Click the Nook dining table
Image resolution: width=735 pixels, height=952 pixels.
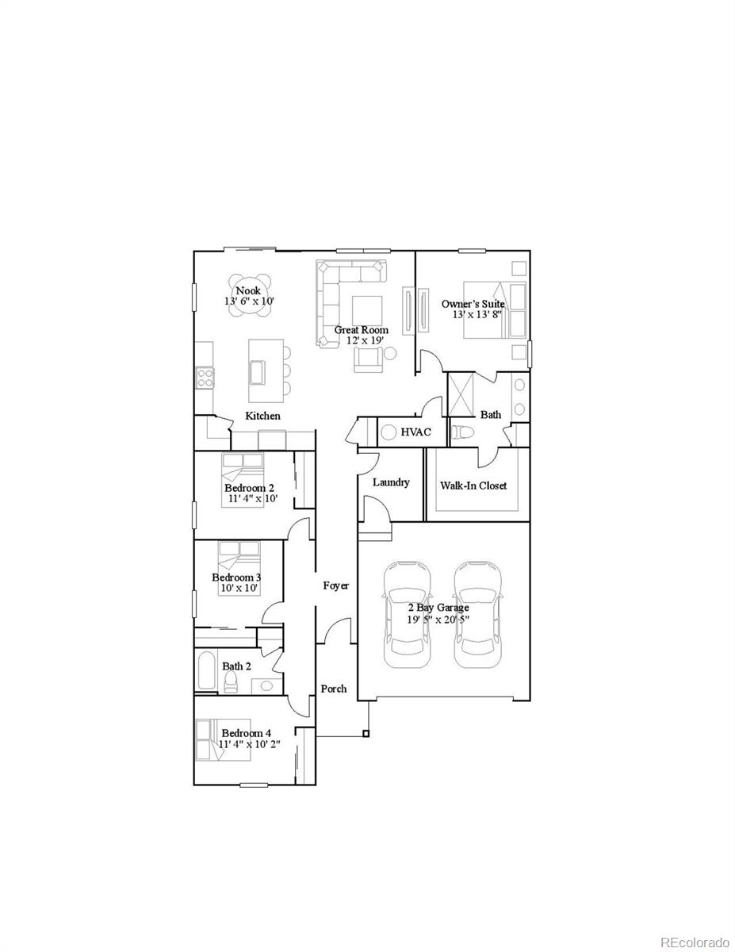248,295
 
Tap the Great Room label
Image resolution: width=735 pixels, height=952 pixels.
361,330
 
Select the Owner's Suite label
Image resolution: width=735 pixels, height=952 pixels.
473,304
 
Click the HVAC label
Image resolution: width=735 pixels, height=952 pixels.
415,432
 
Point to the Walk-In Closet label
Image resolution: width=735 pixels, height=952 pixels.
473,486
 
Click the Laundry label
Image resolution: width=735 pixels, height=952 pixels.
391,482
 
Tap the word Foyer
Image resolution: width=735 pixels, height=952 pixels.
335,585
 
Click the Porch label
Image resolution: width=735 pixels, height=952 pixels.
333,689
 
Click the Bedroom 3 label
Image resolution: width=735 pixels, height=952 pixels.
236,578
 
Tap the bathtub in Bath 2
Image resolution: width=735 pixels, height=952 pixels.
206,672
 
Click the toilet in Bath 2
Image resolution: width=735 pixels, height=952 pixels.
231,683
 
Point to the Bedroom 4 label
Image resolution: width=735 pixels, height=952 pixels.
246,733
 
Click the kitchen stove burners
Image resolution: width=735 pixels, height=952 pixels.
205,378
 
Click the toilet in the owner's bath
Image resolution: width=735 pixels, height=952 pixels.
462,433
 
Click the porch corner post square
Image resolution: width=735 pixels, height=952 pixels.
366,733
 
